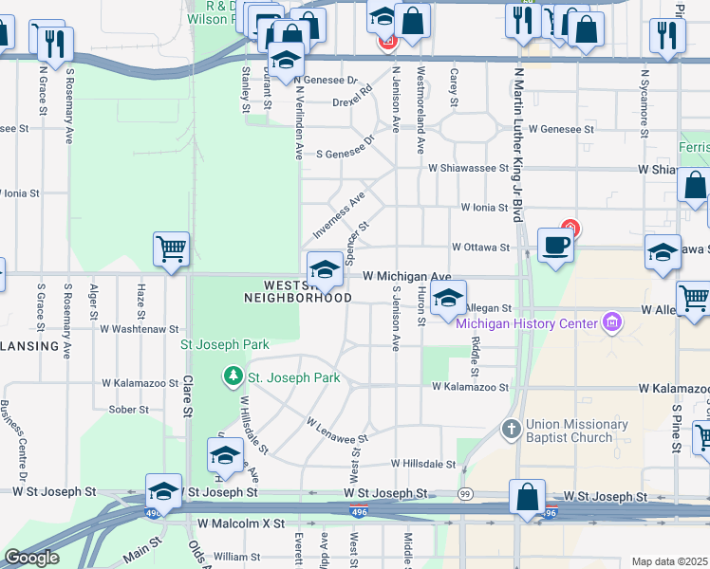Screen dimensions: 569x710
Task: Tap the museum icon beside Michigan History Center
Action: pyautogui.click(x=612, y=324)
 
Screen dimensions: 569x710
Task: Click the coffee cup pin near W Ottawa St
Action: pyautogui.click(x=556, y=245)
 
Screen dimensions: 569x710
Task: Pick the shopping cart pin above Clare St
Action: pyautogui.click(x=172, y=249)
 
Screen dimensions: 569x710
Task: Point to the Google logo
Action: pyautogui.click(x=31, y=558)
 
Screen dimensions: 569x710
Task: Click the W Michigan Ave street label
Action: pyautogui.click(x=407, y=275)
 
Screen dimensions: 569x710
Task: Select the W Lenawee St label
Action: pyautogui.click(x=337, y=431)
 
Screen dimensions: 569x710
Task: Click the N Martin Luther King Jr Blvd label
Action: pyautogui.click(x=518, y=142)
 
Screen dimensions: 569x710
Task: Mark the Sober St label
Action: pyautogui.click(x=123, y=410)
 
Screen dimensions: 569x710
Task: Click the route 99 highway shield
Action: pyautogui.click(x=465, y=494)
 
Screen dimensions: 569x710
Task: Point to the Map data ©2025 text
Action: pyautogui.click(x=670, y=561)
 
